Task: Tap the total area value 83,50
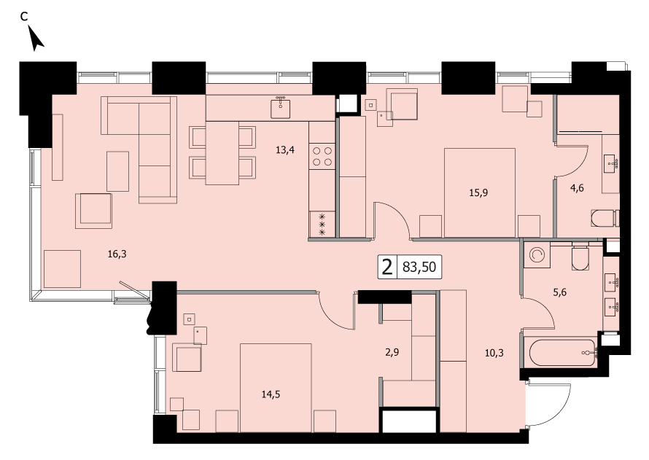point(419,267)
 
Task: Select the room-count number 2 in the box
point(387,267)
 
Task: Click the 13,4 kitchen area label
point(285,149)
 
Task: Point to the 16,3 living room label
point(117,254)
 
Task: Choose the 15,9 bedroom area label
point(478,192)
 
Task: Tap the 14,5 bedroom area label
point(271,394)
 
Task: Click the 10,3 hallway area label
point(494,353)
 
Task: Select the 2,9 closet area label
point(392,352)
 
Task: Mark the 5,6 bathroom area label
point(559,292)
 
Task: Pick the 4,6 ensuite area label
point(577,188)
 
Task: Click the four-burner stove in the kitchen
point(322,156)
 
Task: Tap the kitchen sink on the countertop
point(281,108)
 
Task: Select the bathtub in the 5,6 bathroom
point(562,352)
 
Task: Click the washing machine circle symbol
point(537,255)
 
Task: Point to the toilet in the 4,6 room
point(605,219)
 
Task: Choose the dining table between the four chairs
point(222,152)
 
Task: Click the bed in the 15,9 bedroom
point(480,192)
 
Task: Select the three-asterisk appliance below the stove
point(322,225)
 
